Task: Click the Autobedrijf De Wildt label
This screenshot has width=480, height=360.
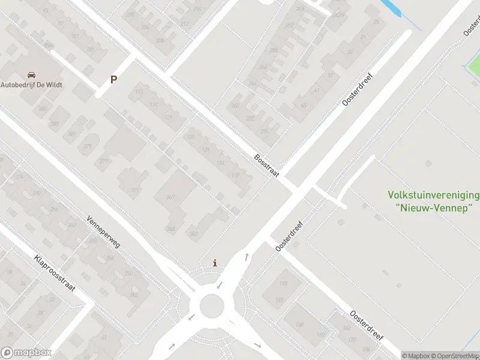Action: coord(31,85)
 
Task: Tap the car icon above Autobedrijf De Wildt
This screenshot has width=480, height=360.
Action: coord(31,75)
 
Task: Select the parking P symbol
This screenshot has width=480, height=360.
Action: coord(113,79)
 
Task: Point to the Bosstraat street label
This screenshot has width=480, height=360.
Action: coord(267,163)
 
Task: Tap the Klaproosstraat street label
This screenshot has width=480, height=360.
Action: coord(54,272)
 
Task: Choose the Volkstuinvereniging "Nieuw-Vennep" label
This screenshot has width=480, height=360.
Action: coord(434,201)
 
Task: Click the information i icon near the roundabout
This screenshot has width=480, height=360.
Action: coord(215,263)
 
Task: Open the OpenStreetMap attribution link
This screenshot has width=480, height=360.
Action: coord(455,356)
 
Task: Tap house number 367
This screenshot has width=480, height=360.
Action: coord(170,198)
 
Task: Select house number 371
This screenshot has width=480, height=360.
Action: coord(134,190)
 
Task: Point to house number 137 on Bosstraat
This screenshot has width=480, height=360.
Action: coord(236,176)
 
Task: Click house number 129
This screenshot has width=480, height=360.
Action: coord(206,149)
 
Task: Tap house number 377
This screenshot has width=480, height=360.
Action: coord(104,161)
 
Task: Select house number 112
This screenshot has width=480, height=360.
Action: coord(139,92)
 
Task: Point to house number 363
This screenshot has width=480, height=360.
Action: coord(194,233)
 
